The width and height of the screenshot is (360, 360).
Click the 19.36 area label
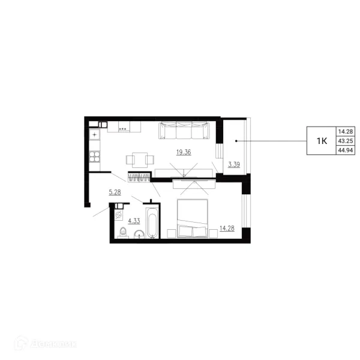tap(184, 152)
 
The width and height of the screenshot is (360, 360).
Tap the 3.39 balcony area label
tap(234, 164)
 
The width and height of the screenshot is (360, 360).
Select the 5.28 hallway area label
tap(115, 192)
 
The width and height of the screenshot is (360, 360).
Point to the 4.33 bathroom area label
tap(134, 221)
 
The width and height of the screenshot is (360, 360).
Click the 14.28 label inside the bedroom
tap(227, 228)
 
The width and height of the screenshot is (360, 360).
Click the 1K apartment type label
tap(322, 141)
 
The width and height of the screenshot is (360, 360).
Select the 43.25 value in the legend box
tap(346, 141)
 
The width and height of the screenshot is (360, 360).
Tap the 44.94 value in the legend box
tap(346, 150)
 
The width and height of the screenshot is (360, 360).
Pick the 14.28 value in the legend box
tap(346, 131)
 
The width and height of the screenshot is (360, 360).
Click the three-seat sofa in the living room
tap(184, 130)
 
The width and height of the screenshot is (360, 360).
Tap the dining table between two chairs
tap(140, 160)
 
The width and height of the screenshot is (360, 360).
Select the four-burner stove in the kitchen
tap(95, 157)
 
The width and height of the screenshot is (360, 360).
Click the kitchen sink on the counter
tap(95, 134)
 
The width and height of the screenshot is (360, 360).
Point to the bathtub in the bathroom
tap(152, 223)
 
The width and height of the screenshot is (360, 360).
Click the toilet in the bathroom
tap(123, 233)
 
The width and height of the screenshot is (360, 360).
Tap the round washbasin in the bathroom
tap(139, 234)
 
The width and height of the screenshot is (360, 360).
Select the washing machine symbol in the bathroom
tap(118, 215)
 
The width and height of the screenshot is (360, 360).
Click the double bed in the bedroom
tap(193, 218)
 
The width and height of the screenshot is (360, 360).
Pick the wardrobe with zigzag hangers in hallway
tap(139, 177)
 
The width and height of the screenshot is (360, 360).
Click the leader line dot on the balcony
tap(236, 141)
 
